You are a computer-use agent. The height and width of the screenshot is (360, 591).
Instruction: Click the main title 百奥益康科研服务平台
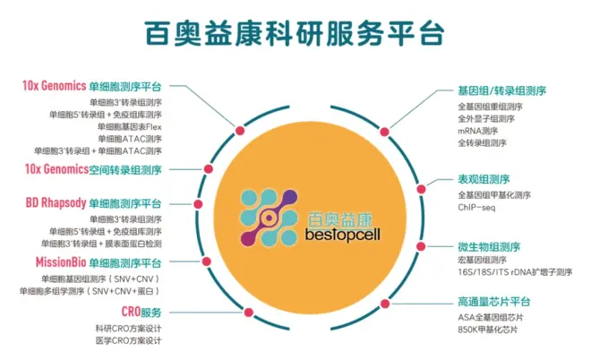point(295,33)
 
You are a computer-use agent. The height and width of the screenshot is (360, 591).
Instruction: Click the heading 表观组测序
point(484,178)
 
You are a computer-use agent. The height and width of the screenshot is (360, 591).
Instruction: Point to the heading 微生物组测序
point(489,245)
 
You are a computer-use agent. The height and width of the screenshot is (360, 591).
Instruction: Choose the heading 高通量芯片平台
point(494,301)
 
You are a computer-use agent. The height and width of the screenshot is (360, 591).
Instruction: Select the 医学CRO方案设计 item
point(128,340)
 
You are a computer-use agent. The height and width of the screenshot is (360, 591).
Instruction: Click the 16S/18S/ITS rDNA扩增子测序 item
point(515,271)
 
